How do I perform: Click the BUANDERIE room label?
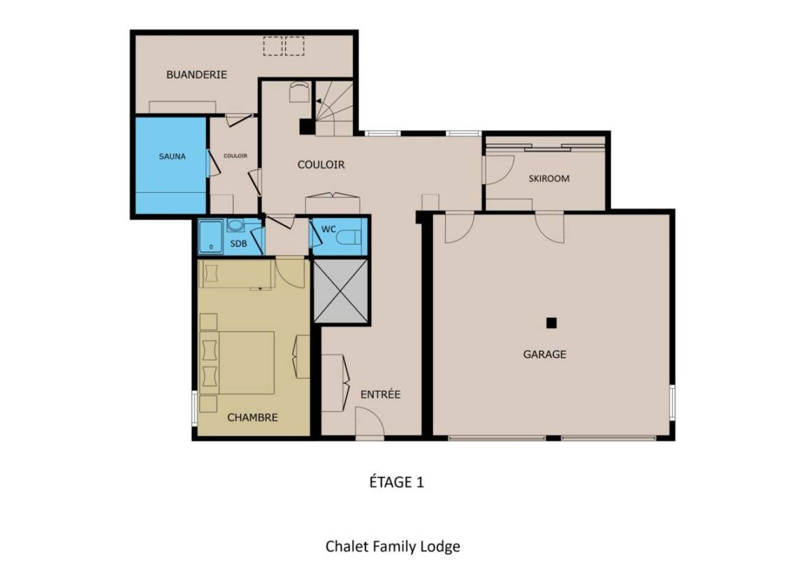pyautogui.click(x=196, y=75)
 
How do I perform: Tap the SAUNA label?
pyautogui.click(x=172, y=156)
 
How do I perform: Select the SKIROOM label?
pyautogui.click(x=549, y=179)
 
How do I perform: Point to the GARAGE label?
pyautogui.click(x=545, y=354)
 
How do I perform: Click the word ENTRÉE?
pyautogui.click(x=380, y=394)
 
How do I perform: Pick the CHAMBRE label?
pyautogui.click(x=252, y=417)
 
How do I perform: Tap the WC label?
pyautogui.click(x=328, y=229)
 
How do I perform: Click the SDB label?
pyautogui.click(x=238, y=243)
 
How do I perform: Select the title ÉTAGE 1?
pyautogui.click(x=397, y=482)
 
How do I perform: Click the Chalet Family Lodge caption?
pyautogui.click(x=393, y=547)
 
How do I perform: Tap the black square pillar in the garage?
pyautogui.click(x=551, y=323)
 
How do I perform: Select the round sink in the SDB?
pyautogui.click(x=235, y=226)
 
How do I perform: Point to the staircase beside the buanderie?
pyautogui.click(x=334, y=108)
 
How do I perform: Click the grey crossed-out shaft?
pyautogui.click(x=341, y=291)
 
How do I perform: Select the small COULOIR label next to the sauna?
pyautogui.click(x=235, y=156)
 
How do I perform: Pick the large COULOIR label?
pyautogui.click(x=321, y=165)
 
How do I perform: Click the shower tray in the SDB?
pyautogui.click(x=211, y=237)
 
